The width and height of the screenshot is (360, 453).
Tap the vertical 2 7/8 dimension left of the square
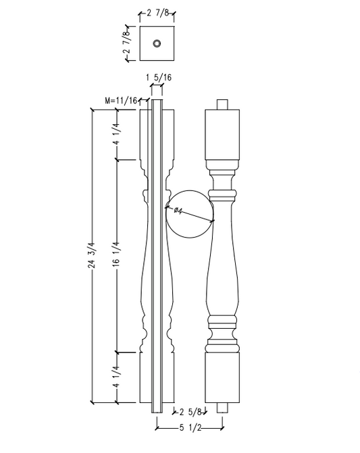(126, 45)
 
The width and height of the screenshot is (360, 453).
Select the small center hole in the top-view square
(157, 44)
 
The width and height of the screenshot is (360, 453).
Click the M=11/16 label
(122, 101)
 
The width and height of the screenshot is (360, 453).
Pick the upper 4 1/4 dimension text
(117, 134)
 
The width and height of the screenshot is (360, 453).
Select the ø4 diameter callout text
(178, 211)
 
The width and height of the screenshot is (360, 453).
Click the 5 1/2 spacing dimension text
(190, 427)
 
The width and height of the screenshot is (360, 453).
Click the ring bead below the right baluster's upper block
(222, 195)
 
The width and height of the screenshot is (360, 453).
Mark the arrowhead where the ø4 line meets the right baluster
(212, 220)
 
